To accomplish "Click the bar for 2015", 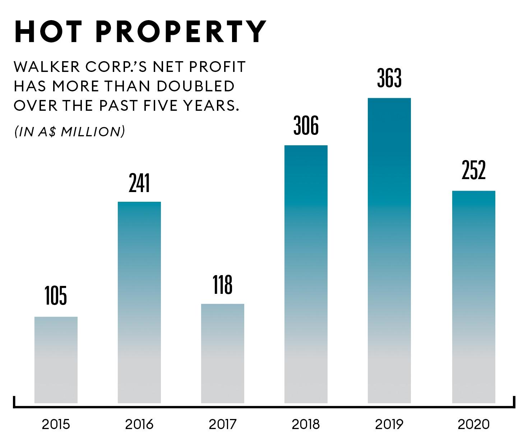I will [x=56, y=360].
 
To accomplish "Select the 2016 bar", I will [x=139, y=302].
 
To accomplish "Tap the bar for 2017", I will [x=223, y=353].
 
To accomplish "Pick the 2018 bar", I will [x=306, y=274].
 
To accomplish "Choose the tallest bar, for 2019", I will [x=389, y=250].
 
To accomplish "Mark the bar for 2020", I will [x=473, y=297].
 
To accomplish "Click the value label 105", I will [x=56, y=296].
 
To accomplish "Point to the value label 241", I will [x=139, y=183].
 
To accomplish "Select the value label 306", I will [x=306, y=126].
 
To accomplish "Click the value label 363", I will [x=389, y=78].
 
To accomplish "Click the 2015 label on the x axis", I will [x=56, y=425].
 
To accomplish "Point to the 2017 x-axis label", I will [x=223, y=425].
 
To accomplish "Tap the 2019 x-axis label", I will [x=389, y=425].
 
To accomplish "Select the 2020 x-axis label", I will [x=473, y=425].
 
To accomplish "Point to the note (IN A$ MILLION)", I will [x=70, y=132].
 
